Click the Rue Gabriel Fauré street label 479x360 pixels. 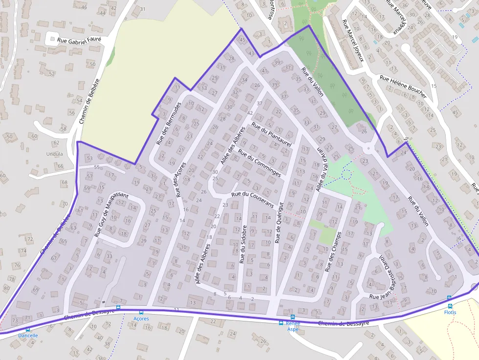(x=79, y=41)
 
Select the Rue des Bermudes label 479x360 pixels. (x=169, y=124)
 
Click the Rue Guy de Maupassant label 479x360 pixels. (x=111, y=215)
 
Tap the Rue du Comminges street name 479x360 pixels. (x=259, y=163)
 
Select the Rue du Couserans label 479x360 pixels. (x=252, y=200)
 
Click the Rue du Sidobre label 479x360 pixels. (x=242, y=245)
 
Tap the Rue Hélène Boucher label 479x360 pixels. (x=403, y=86)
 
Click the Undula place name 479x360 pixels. (x=54, y=153)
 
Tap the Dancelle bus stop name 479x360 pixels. (x=28, y=336)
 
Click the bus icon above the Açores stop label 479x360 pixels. (x=141, y=312)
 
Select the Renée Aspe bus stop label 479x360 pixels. (x=293, y=326)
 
